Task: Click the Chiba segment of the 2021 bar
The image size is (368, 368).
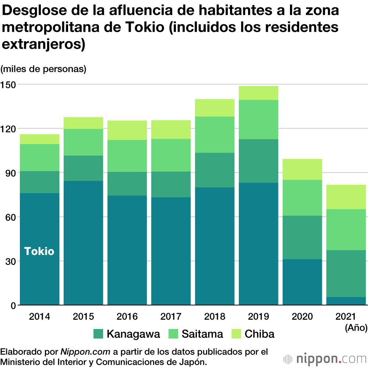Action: (x=346, y=197)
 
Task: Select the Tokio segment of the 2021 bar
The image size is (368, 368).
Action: (x=346, y=301)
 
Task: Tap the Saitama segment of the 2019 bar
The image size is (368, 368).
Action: (x=258, y=120)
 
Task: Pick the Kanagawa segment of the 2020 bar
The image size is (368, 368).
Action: (x=302, y=237)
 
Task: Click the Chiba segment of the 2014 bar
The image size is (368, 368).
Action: (x=39, y=139)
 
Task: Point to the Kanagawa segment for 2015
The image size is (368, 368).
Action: (x=83, y=168)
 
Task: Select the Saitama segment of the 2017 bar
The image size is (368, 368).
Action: (x=171, y=155)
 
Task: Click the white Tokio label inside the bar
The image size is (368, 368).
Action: (x=39, y=251)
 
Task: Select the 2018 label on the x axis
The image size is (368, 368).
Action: (x=215, y=316)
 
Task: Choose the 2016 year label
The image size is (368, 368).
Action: (x=127, y=316)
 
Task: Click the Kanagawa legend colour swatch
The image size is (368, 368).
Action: (x=98, y=334)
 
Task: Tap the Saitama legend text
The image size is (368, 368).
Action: (x=202, y=334)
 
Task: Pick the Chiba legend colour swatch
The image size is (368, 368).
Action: (x=236, y=334)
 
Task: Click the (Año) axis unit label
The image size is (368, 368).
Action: (x=356, y=328)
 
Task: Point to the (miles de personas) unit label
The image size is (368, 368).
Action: (x=43, y=69)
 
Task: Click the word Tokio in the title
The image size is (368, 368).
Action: (x=141, y=27)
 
